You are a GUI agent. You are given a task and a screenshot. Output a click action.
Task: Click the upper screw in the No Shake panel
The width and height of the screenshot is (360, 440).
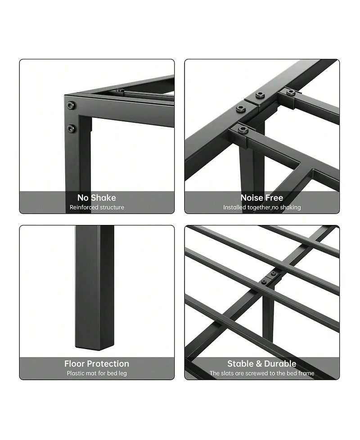pyautogui.click(x=71, y=105)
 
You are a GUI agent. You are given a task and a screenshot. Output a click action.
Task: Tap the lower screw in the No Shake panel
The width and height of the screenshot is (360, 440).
pyautogui.click(x=71, y=129)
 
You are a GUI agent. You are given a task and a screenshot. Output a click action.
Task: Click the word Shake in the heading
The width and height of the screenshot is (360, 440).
pyautogui.click(x=103, y=198)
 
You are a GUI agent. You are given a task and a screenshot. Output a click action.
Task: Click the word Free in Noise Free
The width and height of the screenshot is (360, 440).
pyautogui.click(x=274, y=198)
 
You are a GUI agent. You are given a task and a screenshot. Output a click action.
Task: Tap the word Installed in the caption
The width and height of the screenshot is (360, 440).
pyautogui.click(x=234, y=207)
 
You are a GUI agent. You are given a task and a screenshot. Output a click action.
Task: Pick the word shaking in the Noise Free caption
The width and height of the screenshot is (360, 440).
pyautogui.click(x=290, y=207)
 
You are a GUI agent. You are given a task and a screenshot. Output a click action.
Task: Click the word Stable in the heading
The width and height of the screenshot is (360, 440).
pyautogui.click(x=240, y=364)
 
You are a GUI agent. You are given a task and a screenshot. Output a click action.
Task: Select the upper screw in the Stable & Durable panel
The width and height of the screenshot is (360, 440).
pyautogui.click(x=273, y=274)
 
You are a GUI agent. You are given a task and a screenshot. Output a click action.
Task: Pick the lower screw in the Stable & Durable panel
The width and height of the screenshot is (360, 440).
pyautogui.click(x=264, y=282)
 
